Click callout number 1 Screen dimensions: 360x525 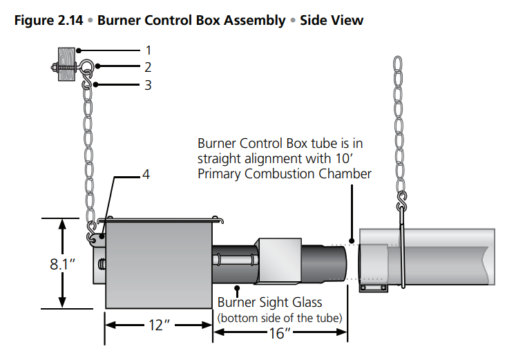[x=148, y=50]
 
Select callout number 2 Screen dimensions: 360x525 [x=148, y=67]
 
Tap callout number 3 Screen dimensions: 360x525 [x=148, y=85]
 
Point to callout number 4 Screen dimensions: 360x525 [x=145, y=176]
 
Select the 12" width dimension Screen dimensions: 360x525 [x=157, y=325]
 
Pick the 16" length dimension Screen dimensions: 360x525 [x=280, y=334]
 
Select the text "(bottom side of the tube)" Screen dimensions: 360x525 [x=280, y=317]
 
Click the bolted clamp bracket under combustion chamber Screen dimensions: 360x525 [x=374, y=285]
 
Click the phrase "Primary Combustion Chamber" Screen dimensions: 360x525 [x=284, y=173]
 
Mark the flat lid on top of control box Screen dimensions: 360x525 [x=163, y=221]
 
